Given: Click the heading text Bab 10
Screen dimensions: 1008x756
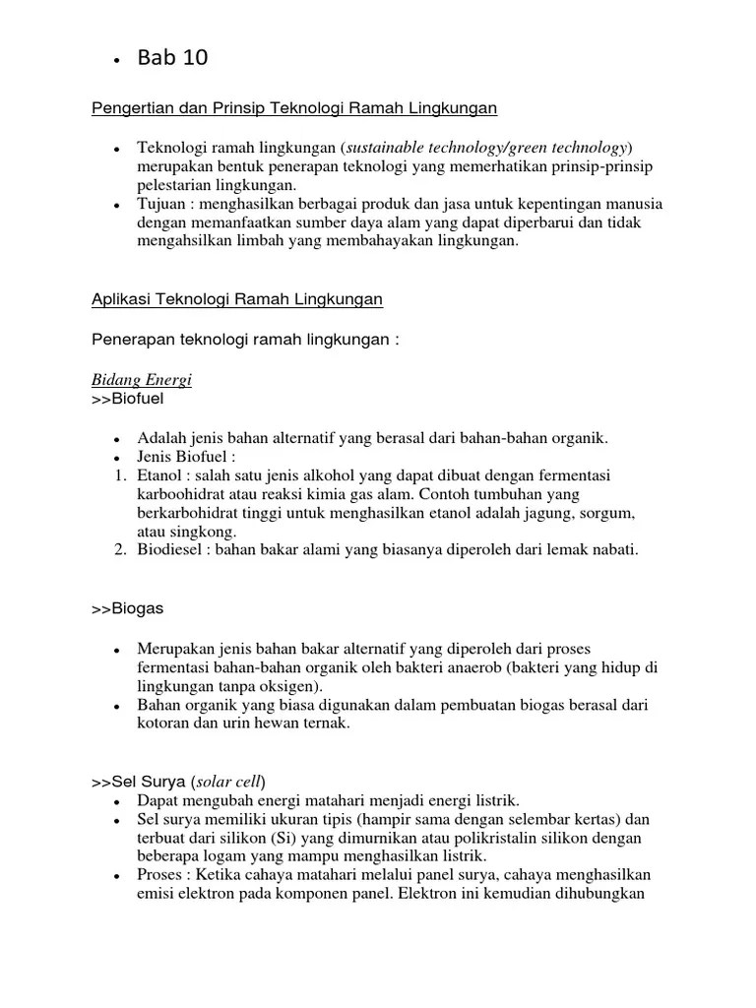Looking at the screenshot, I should pyautogui.click(x=173, y=58).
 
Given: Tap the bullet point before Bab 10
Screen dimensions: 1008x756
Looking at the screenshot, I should pyautogui.click(x=117, y=62).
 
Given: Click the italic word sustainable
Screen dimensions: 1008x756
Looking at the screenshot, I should pyautogui.click(x=385, y=147).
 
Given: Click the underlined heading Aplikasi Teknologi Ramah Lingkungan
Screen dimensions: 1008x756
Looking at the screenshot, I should pyautogui.click(x=237, y=298).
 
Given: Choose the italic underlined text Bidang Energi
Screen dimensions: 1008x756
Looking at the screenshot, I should pyautogui.click(x=142, y=380).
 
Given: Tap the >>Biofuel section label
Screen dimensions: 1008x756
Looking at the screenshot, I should pyautogui.click(x=130, y=400).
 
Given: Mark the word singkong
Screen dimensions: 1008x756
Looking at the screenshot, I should pyautogui.click(x=204, y=532).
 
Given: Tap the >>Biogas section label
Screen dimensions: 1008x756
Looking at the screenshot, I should pyautogui.click(x=127, y=608).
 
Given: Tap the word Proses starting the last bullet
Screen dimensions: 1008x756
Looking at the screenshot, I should pyautogui.click(x=163, y=875).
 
